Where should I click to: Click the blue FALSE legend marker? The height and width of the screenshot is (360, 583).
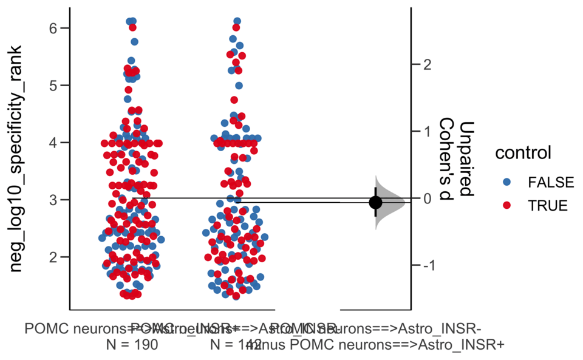click(508, 182)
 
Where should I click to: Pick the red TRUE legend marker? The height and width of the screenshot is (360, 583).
click(508, 205)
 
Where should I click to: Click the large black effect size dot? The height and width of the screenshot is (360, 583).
click(376, 202)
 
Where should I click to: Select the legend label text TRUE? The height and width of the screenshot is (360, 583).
click(547, 205)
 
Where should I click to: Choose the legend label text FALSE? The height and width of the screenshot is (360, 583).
click(550, 182)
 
